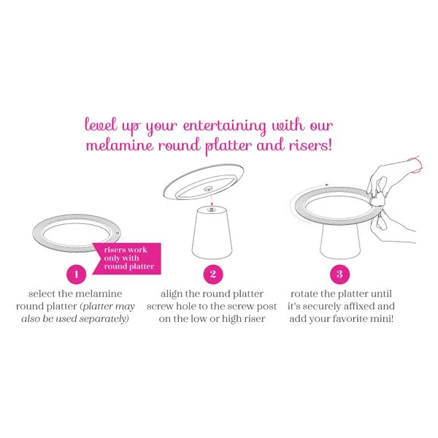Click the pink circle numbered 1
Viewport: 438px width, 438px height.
click(76, 274)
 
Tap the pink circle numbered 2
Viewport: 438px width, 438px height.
click(213, 274)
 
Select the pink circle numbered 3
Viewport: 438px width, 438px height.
click(339, 274)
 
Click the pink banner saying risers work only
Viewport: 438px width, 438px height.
click(127, 258)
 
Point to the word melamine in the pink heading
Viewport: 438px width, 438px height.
click(120, 145)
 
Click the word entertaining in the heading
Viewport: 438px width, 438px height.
click(225, 126)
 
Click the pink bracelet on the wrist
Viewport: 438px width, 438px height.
click(417, 166)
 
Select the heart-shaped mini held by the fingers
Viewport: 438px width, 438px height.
click(378, 200)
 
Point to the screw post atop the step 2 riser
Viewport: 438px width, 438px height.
click(212, 210)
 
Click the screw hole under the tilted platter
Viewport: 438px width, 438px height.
click(208, 189)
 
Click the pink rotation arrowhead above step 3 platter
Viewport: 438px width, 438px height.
click(327, 185)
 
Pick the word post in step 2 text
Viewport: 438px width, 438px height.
click(266, 307)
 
